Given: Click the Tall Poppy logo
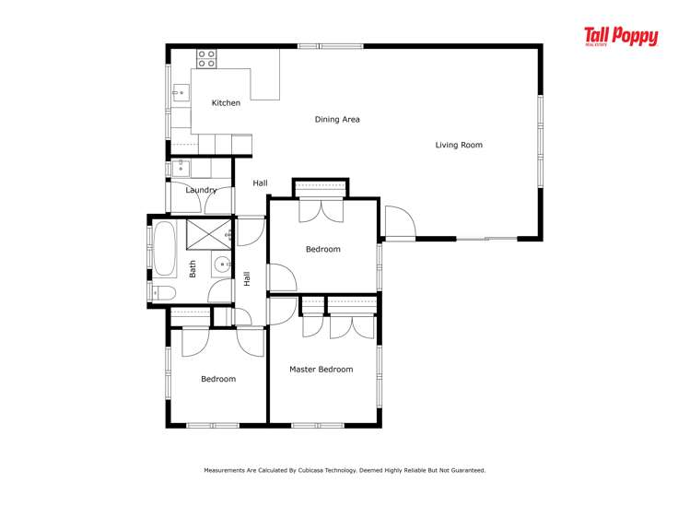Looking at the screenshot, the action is [621, 37].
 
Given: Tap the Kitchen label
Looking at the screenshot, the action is [227, 103].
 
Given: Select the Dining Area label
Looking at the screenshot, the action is [337, 119].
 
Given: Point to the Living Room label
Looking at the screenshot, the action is [459, 145].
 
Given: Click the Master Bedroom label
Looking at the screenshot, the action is [322, 370].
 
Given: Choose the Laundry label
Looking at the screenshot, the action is [201, 190].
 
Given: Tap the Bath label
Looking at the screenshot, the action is [193, 269].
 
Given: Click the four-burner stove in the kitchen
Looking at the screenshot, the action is [206, 59].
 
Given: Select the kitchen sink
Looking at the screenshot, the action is [181, 92].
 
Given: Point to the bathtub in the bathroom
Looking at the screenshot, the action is [165, 249].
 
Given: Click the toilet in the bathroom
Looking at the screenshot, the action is [163, 293].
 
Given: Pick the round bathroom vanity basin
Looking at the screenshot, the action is [222, 265].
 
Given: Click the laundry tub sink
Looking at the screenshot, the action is [181, 168].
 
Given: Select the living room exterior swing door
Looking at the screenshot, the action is [400, 223].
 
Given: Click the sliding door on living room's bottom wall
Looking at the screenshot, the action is [486, 239].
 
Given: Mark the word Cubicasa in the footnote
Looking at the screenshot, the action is [310, 470].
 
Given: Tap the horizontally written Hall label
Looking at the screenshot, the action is [260, 183].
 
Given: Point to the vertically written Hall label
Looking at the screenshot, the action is [247, 278].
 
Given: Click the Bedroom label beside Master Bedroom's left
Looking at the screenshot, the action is [218, 379].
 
